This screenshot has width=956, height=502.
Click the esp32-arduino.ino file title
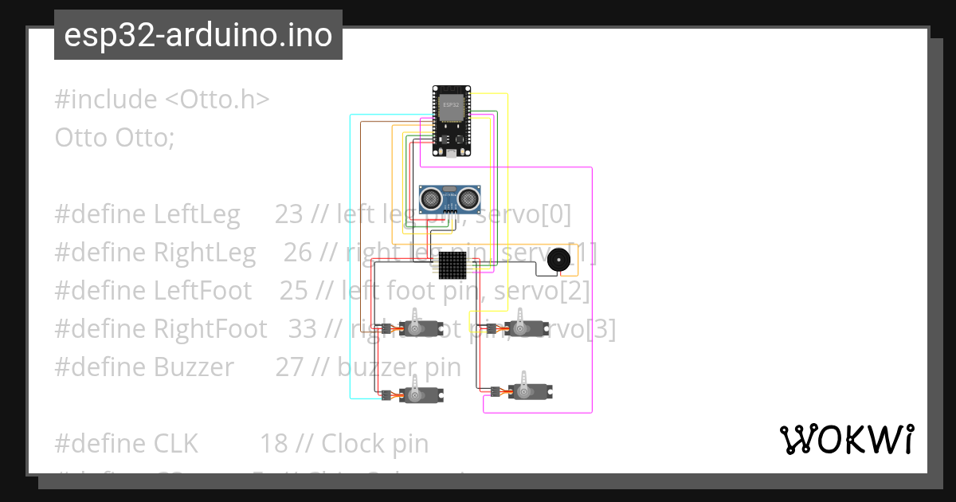pyautogui.click(x=198, y=36)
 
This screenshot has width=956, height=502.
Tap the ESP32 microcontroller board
pyautogui.click(x=450, y=120)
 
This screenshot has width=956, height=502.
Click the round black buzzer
pyautogui.click(x=559, y=259)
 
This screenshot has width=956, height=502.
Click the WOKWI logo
pyautogui.click(x=846, y=440)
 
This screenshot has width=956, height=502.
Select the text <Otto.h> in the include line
pyautogui.click(x=217, y=100)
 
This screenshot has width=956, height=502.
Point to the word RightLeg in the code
pyautogui.click(x=205, y=253)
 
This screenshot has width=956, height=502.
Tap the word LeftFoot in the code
pyautogui.click(x=202, y=291)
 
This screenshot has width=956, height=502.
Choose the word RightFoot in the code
pyautogui.click(x=210, y=329)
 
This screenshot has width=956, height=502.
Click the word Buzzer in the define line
pyautogui.click(x=194, y=367)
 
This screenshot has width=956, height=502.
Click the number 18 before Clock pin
pyautogui.click(x=273, y=444)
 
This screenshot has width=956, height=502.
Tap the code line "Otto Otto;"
pyautogui.click(x=114, y=138)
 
